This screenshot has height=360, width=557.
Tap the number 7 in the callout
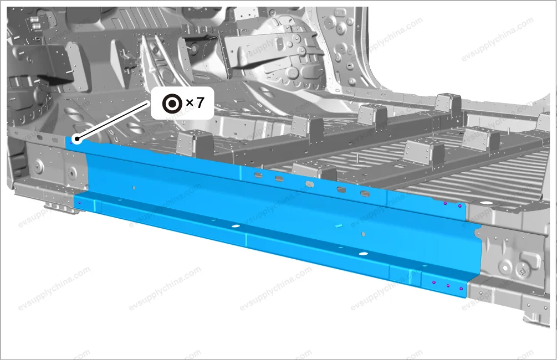200,103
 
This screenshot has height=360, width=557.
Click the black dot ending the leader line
76,140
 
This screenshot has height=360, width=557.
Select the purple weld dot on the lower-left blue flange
79,203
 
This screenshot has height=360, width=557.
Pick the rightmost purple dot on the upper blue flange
459,206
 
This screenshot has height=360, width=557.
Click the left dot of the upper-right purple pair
445,203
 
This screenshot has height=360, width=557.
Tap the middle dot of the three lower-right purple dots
448,285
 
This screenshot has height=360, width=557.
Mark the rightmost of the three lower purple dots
461,289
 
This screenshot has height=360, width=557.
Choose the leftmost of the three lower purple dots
434,282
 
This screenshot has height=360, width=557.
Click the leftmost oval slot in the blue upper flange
258,174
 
